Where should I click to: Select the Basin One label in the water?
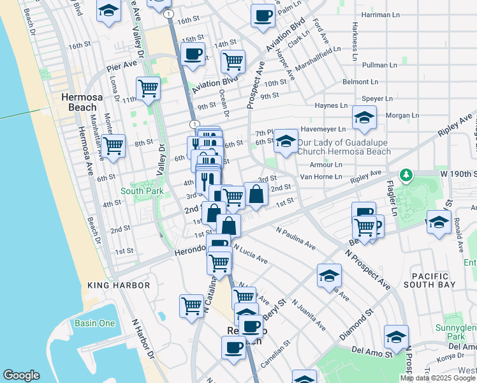pos(94,323)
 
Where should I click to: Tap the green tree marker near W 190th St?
pos(405,174)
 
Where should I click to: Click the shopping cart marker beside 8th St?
pos(114,144)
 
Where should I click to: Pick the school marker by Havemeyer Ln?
pos(364,117)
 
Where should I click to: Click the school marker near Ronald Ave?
pos(438,222)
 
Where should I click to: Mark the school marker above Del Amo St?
pos(395,336)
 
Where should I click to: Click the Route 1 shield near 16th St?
pos(167,13)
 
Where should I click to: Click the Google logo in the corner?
pos(22,375)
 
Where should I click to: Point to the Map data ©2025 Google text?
pos(437,378)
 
